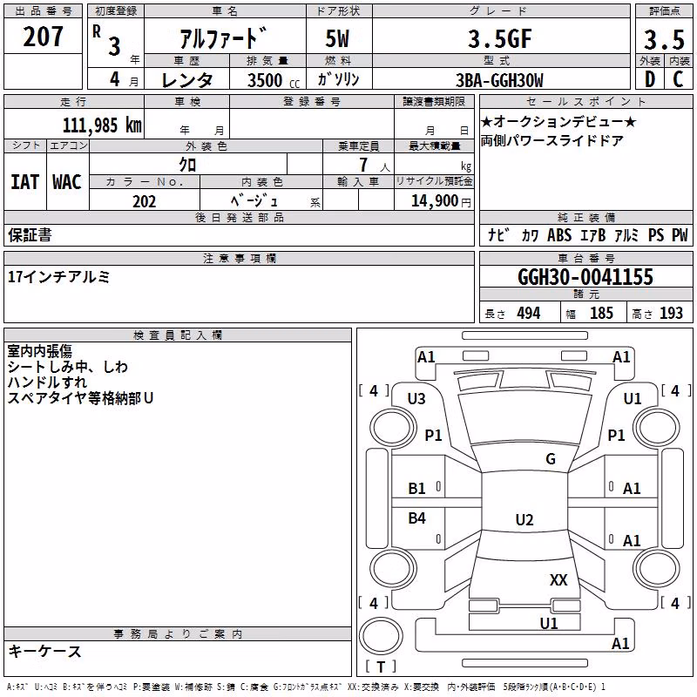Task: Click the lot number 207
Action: (x=43, y=37)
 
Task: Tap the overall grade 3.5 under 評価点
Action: (x=664, y=40)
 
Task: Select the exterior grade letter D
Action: (x=650, y=79)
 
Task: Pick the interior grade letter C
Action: (x=678, y=79)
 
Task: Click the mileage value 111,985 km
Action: (x=102, y=125)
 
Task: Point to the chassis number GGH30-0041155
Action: (x=585, y=277)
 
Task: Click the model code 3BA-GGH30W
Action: (x=499, y=80)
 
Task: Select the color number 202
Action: (x=144, y=201)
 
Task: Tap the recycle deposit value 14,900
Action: (x=435, y=201)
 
